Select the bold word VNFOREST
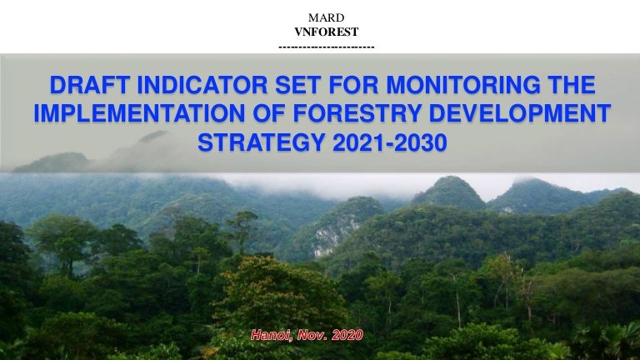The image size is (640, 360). pos(320,32)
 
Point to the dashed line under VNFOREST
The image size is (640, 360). pos(326,47)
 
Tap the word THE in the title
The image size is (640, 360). pos(574,86)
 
